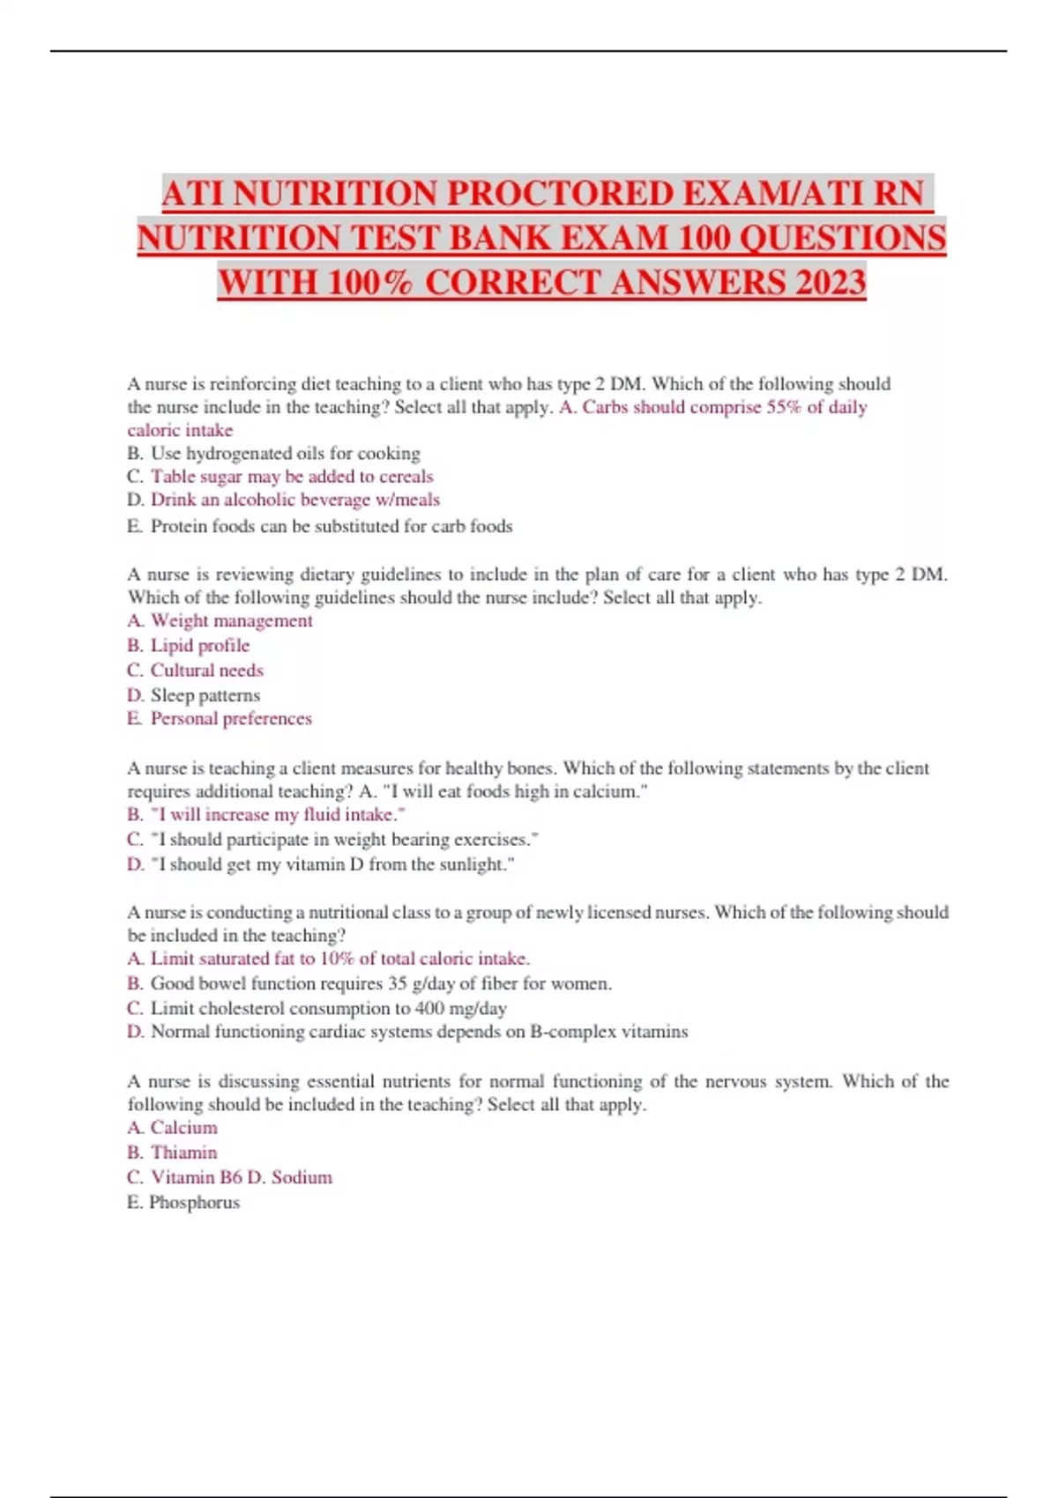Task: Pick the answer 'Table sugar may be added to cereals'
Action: click(292, 477)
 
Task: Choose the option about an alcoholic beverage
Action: click(294, 500)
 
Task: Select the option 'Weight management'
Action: click(231, 621)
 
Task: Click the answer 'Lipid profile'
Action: click(200, 646)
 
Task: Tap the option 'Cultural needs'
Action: click(206, 671)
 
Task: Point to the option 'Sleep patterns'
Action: click(205, 695)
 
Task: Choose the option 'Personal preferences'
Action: click(231, 719)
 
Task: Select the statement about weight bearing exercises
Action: click(344, 840)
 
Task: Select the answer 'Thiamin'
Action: click(183, 1153)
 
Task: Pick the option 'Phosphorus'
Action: click(194, 1203)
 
